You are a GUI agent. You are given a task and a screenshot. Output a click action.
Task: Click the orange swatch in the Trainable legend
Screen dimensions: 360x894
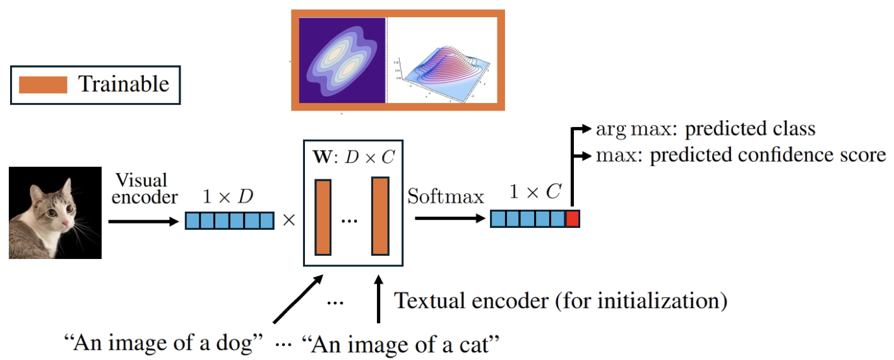coord(43,85)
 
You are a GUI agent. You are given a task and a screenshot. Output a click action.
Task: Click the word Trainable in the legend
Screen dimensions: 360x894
coord(124,84)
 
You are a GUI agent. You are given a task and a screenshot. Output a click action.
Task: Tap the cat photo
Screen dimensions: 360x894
coord(55,212)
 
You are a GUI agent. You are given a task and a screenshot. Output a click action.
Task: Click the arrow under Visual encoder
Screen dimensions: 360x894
coord(143,222)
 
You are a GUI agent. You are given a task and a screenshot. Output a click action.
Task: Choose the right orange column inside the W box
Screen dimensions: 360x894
coord(379,216)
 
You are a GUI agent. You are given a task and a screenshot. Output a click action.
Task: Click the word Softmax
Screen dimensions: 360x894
coord(446,196)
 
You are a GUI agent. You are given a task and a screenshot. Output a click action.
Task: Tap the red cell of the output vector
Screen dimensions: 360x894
coord(572,219)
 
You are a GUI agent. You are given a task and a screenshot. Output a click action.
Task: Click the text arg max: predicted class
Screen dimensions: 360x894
coord(705,129)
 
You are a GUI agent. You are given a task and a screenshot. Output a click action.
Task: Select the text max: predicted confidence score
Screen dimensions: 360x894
coord(740,155)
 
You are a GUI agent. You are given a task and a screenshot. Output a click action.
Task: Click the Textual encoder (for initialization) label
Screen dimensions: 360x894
coord(561,301)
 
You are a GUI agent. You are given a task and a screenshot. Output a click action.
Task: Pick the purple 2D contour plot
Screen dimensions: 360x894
coord(342,60)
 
